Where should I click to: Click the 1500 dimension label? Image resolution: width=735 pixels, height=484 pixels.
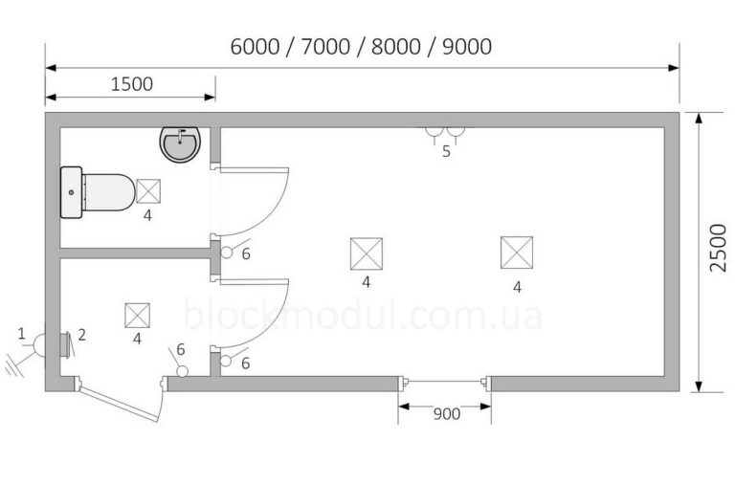click(132, 84)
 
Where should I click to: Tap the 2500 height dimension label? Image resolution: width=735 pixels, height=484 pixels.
click(718, 248)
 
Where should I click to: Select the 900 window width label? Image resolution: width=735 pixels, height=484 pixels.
click(446, 414)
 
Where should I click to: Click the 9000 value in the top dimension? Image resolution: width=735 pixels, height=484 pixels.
click(467, 47)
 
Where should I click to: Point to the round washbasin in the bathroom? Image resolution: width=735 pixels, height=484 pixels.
click(181, 143)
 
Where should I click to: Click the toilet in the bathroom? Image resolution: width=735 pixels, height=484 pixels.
click(98, 192)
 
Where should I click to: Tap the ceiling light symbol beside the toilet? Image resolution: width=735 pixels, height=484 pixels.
click(148, 191)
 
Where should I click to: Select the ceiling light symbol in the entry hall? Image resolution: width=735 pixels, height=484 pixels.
click(138, 316)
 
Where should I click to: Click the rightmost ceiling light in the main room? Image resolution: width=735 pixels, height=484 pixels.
click(517, 253)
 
